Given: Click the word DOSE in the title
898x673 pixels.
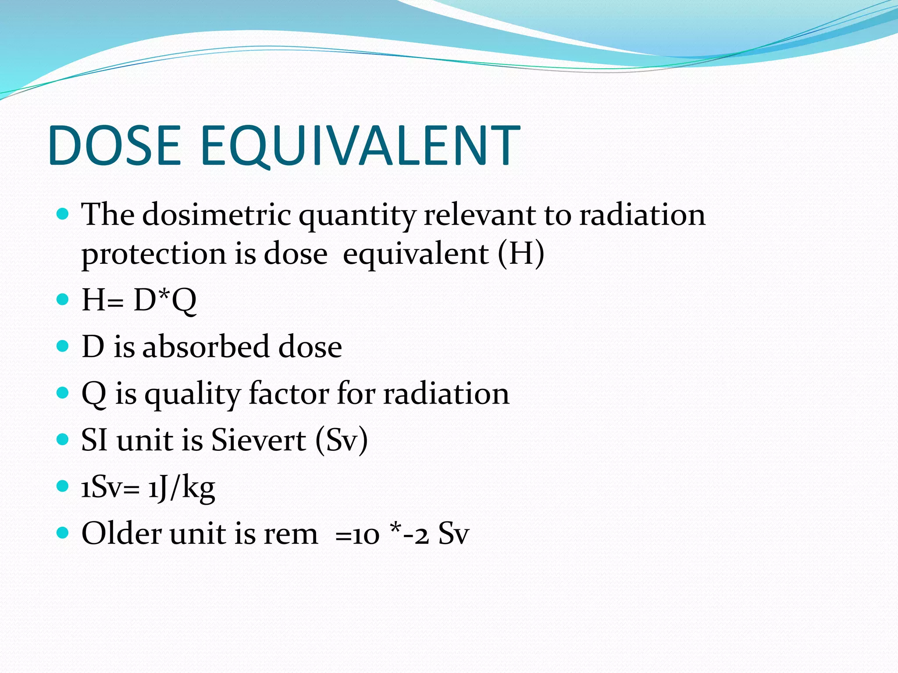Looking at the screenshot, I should coord(115,145).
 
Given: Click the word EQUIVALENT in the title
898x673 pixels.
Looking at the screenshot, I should coord(360,145).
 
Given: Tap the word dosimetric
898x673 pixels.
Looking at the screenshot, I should coord(217,215).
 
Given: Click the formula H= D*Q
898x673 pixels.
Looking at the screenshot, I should coord(139,301).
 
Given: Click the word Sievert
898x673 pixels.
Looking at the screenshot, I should coord(259,440).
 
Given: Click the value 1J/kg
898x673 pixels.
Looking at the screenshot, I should coord(181,487).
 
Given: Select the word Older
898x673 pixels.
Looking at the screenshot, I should coord(121,534).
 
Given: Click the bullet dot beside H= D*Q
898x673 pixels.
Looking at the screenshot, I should coord(63,300).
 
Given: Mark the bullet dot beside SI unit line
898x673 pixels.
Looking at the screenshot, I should coord(63,439).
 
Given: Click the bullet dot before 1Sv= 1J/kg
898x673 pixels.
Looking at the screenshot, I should coord(63,486).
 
